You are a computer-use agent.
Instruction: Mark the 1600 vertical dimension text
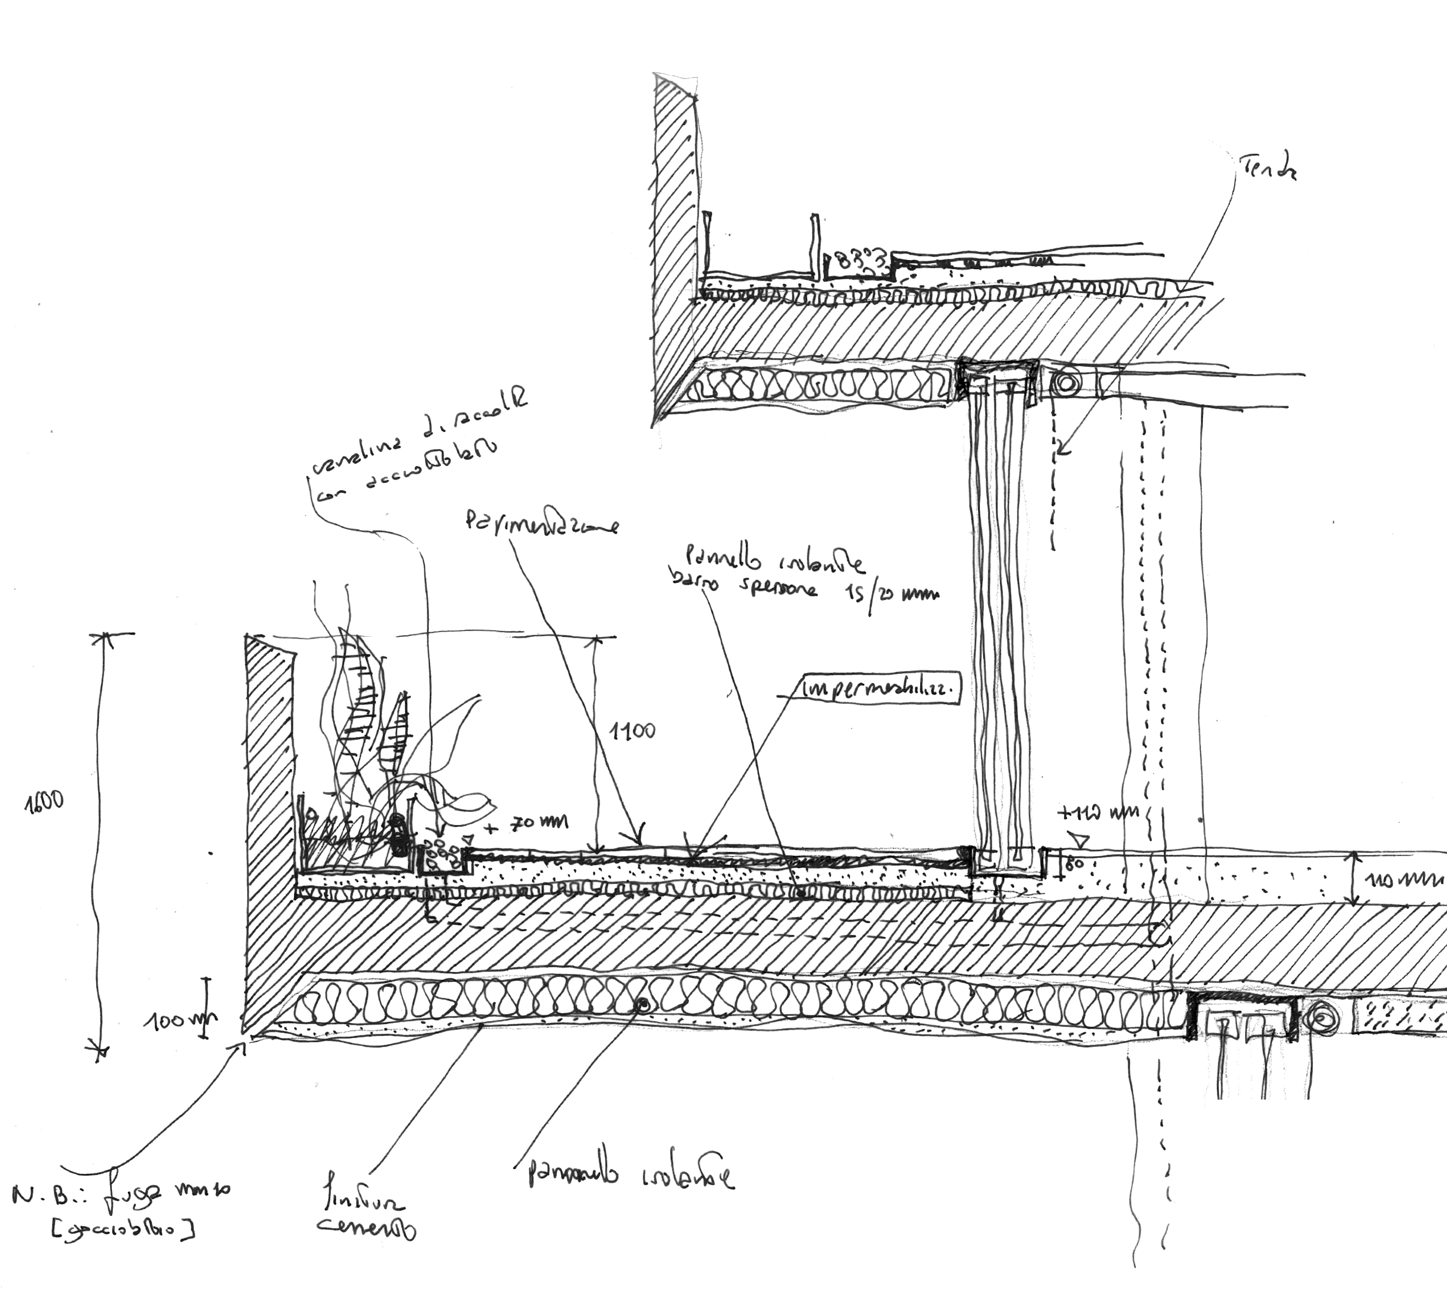[x=44, y=802]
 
